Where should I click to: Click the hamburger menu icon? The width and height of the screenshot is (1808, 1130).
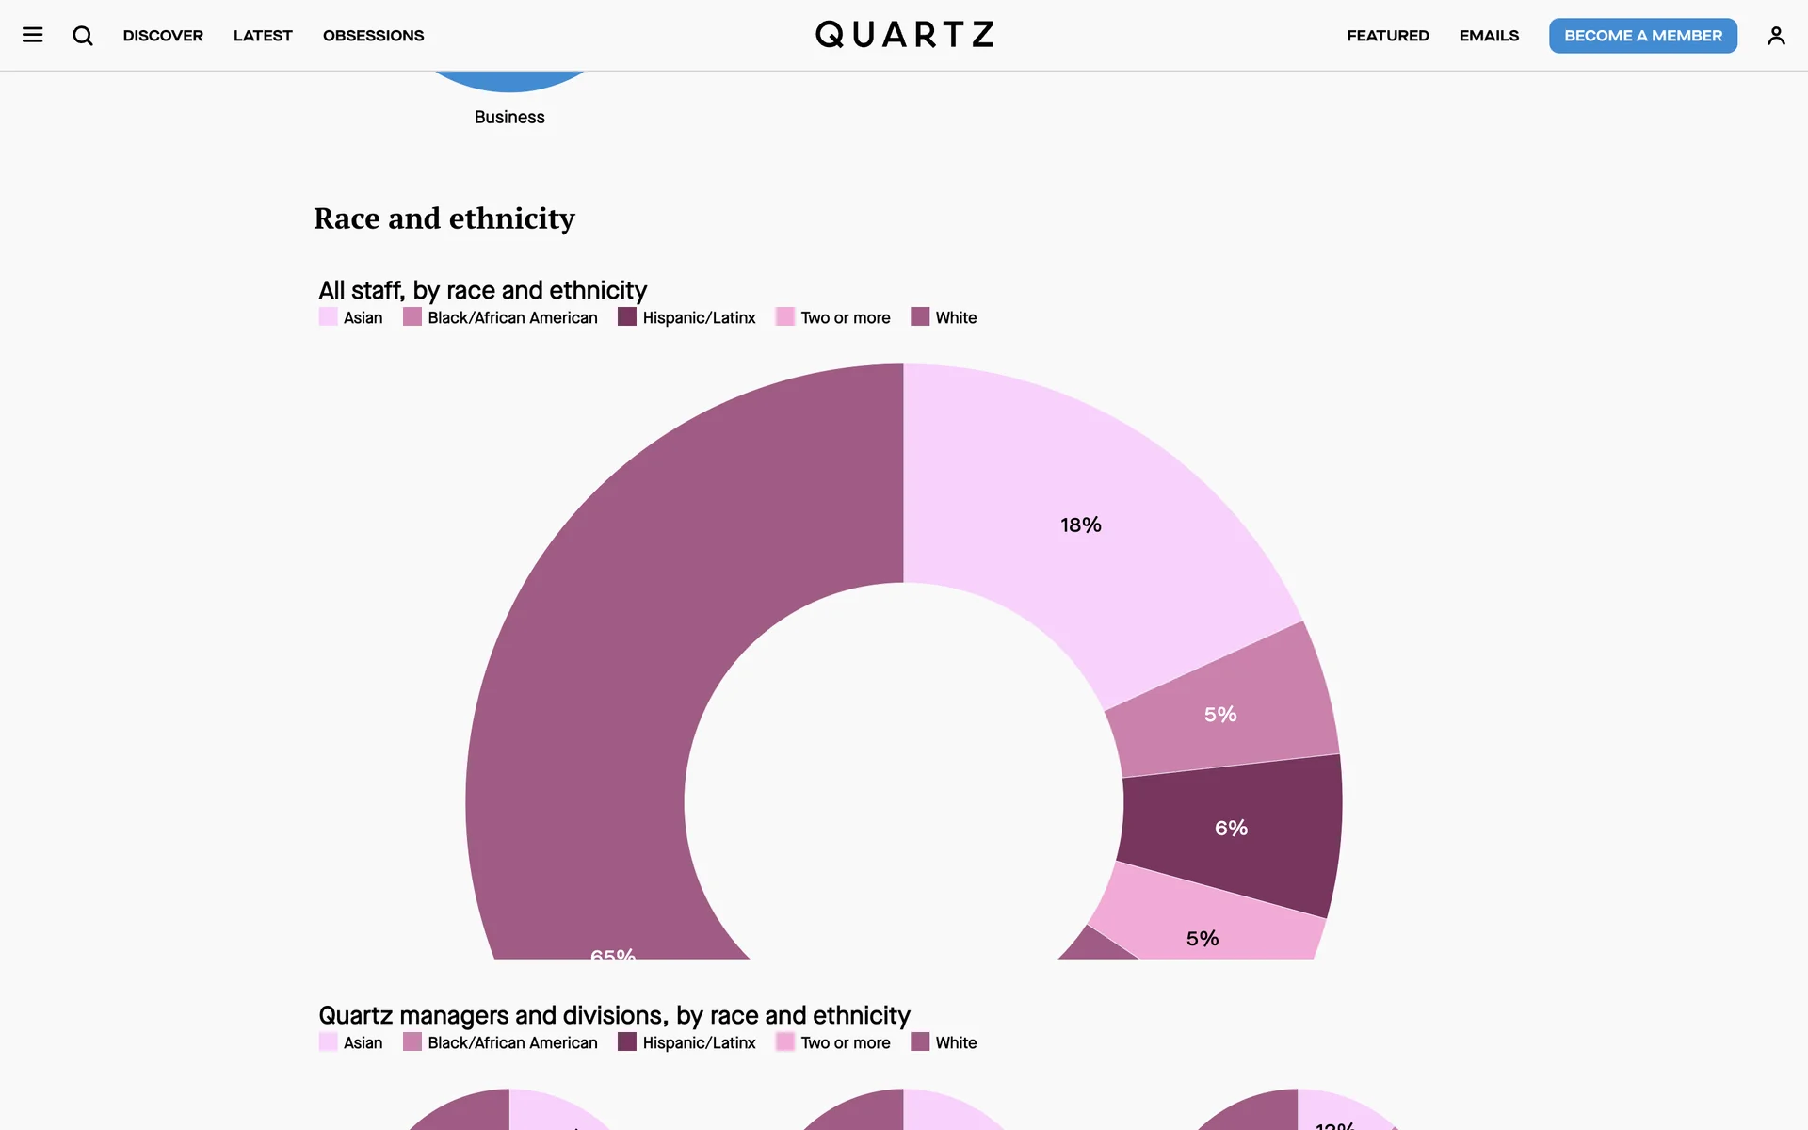pos(33,36)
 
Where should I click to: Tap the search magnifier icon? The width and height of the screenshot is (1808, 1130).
pos(83,36)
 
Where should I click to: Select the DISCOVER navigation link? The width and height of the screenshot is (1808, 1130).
pos(163,36)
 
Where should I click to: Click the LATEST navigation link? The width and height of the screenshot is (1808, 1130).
pos(263,36)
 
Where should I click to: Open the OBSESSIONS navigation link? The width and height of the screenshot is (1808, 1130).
pos(373,36)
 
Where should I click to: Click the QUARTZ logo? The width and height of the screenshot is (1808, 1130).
pos(904,35)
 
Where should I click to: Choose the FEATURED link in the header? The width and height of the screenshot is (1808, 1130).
pos(1387,36)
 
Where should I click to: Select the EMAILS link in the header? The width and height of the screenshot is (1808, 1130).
pos(1489,36)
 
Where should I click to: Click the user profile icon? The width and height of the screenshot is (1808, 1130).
pos(1776,36)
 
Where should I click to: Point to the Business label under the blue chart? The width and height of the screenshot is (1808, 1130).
pos(509,118)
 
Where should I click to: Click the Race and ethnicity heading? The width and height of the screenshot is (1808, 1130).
pos(444,218)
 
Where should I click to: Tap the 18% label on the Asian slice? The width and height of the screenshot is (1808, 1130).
pos(1080,525)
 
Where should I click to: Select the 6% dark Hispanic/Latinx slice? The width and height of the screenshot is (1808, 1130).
pos(1231,829)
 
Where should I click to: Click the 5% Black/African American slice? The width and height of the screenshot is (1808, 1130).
pos(1220,715)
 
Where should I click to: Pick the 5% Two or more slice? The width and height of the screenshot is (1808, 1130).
pos(1203,938)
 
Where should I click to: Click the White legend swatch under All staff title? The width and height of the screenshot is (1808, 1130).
pos(920,317)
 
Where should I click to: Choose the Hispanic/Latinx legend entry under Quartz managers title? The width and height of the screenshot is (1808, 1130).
pos(699,1042)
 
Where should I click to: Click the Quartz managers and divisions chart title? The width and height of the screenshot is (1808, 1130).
pos(614,1015)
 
